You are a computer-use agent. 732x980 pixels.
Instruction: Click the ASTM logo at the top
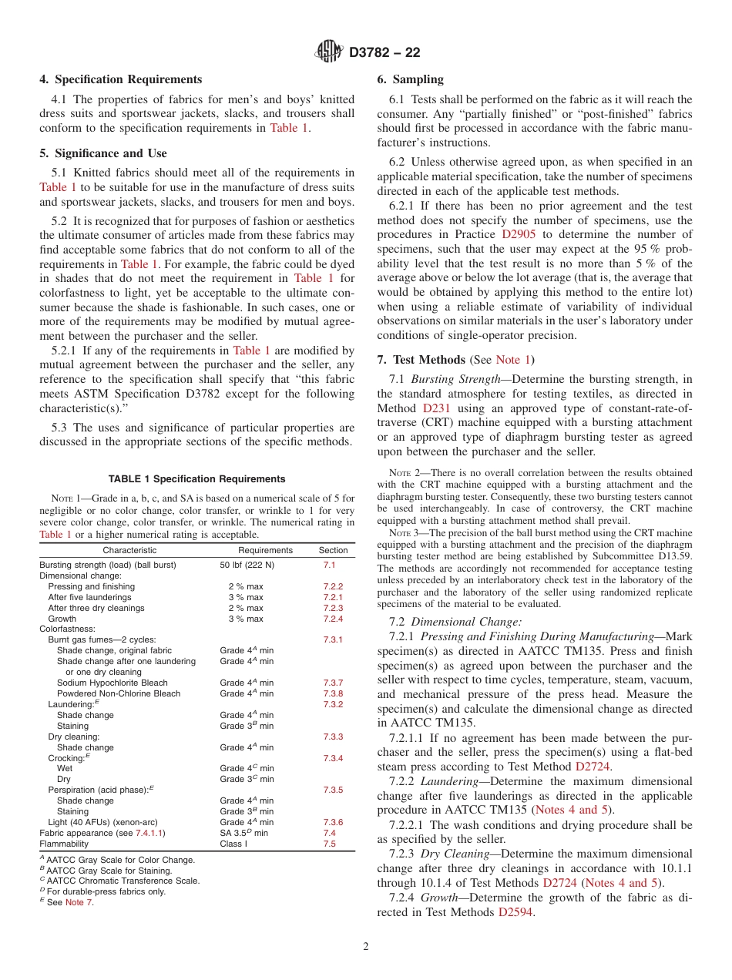[329, 52]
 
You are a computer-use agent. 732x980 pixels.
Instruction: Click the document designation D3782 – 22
[384, 53]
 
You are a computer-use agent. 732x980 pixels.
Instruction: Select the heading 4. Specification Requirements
[121, 79]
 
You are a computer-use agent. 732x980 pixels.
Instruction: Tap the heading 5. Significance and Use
[103, 153]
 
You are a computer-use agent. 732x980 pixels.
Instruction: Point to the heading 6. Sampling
[411, 79]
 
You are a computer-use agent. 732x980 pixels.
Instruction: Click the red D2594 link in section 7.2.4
[515, 912]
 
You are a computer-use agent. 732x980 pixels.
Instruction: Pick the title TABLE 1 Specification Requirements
[197, 479]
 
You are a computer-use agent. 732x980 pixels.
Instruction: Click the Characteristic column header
[129, 550]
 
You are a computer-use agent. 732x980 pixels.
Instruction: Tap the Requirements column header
[265, 550]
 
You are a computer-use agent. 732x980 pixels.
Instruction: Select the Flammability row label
[65, 844]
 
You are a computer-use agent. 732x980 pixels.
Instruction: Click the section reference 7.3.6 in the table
[333, 822]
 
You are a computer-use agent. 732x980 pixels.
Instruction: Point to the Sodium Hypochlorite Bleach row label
[112, 683]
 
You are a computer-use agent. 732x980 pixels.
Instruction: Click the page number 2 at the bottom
[366, 947]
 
